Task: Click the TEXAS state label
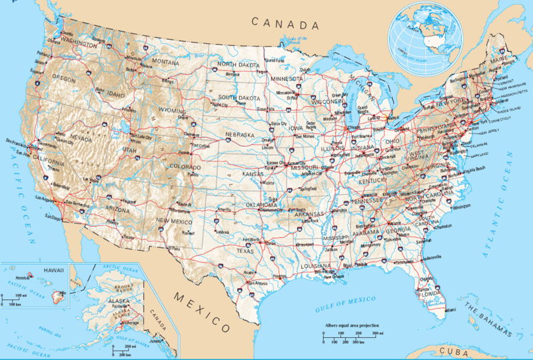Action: pos(245,251)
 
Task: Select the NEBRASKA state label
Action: pos(240,135)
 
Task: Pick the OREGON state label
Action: pos(63,77)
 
